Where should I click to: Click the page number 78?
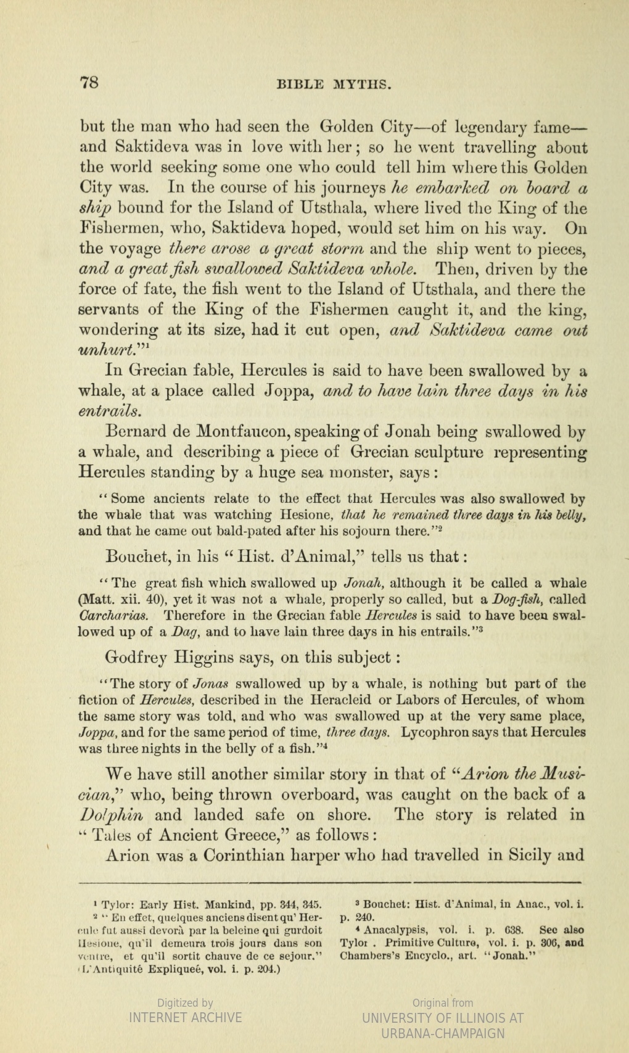click(90, 83)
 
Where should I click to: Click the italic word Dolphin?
click(112, 814)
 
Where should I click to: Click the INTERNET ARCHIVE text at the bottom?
click(185, 1018)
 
